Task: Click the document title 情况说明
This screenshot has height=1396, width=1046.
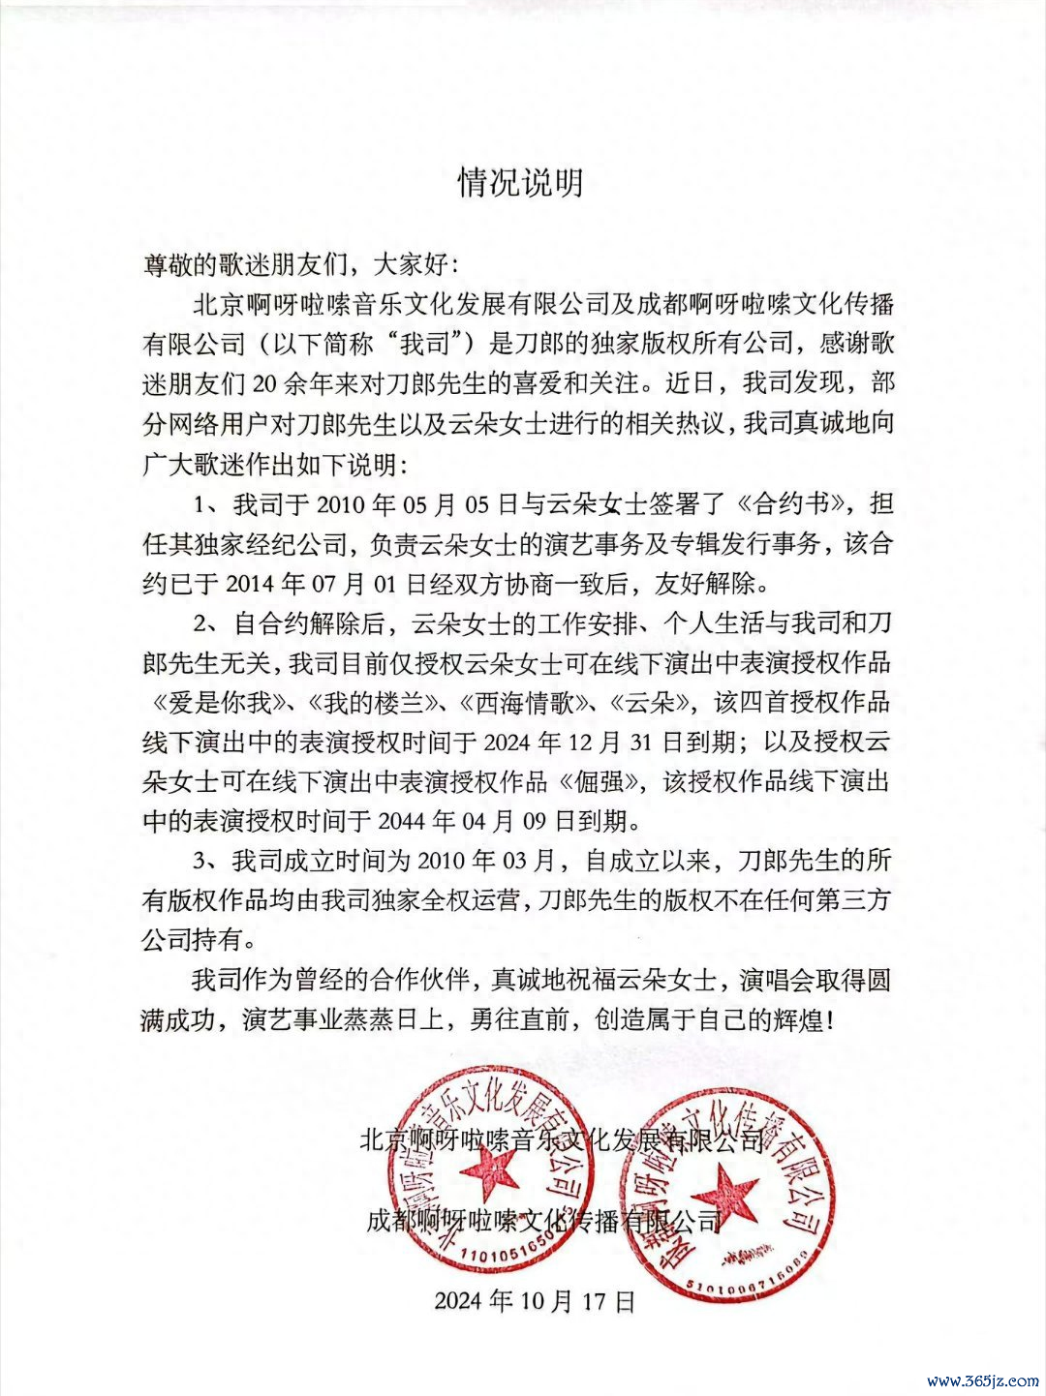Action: coord(521,181)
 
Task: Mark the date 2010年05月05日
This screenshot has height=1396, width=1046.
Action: coord(413,505)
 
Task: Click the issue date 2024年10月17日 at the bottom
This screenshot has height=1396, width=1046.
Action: coord(534,1300)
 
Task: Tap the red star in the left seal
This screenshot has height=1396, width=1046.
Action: coord(490,1173)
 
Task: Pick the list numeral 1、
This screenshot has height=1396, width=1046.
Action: coord(207,505)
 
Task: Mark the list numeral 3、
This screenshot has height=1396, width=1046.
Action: coord(207,861)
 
